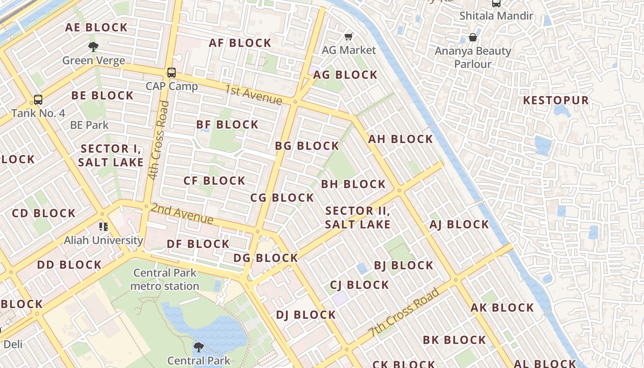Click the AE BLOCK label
(96, 28)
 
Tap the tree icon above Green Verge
(93, 46)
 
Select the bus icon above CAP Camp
(172, 72)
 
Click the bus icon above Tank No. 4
(38, 99)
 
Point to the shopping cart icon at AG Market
(349, 36)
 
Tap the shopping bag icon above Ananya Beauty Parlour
(472, 37)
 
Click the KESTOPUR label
(556, 100)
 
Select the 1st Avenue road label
(253, 94)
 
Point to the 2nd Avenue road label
(182, 213)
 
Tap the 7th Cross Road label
(404, 312)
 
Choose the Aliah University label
(103, 240)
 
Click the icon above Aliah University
(103, 226)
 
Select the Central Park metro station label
(165, 279)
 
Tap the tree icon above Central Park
(199, 347)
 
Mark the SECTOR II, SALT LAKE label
(357, 218)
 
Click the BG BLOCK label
(307, 146)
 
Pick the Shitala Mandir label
(496, 16)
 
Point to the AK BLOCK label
(502, 308)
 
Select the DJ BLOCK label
(306, 315)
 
